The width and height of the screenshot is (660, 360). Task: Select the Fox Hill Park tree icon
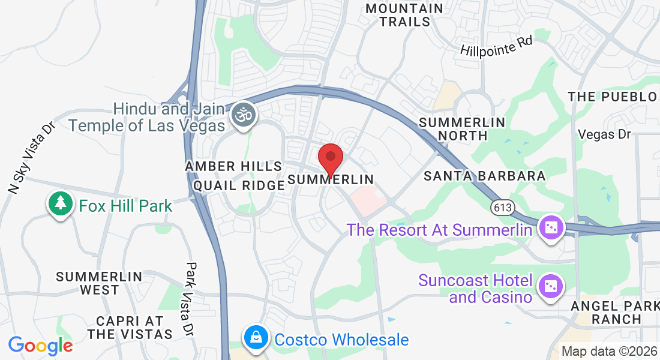[60, 203]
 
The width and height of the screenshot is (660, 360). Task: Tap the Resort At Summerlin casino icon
[550, 228]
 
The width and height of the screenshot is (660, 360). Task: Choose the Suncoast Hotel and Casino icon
[551, 286]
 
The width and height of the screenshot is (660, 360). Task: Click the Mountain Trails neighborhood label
[404, 15]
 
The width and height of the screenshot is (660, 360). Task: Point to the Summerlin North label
[462, 128]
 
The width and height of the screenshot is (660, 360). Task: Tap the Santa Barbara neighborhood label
[485, 176]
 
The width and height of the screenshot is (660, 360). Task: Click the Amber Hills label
[233, 166]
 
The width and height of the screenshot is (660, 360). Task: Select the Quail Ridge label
[239, 185]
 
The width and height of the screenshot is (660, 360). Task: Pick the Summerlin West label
[99, 283]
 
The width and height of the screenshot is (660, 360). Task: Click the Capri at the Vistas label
[130, 327]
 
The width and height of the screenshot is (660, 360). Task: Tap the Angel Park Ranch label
[616, 312]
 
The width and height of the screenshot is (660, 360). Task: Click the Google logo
[41, 346]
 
